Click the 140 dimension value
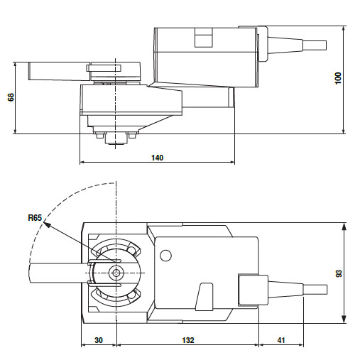[x=158, y=158]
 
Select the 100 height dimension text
[x=339, y=78]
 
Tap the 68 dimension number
[x=11, y=97]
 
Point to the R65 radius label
[x=35, y=217]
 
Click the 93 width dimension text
[x=339, y=273]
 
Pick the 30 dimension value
[x=99, y=340]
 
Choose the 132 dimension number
[x=188, y=340]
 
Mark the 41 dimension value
[x=281, y=340]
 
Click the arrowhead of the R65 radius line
[x=47, y=224]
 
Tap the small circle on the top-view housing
[x=165, y=256]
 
